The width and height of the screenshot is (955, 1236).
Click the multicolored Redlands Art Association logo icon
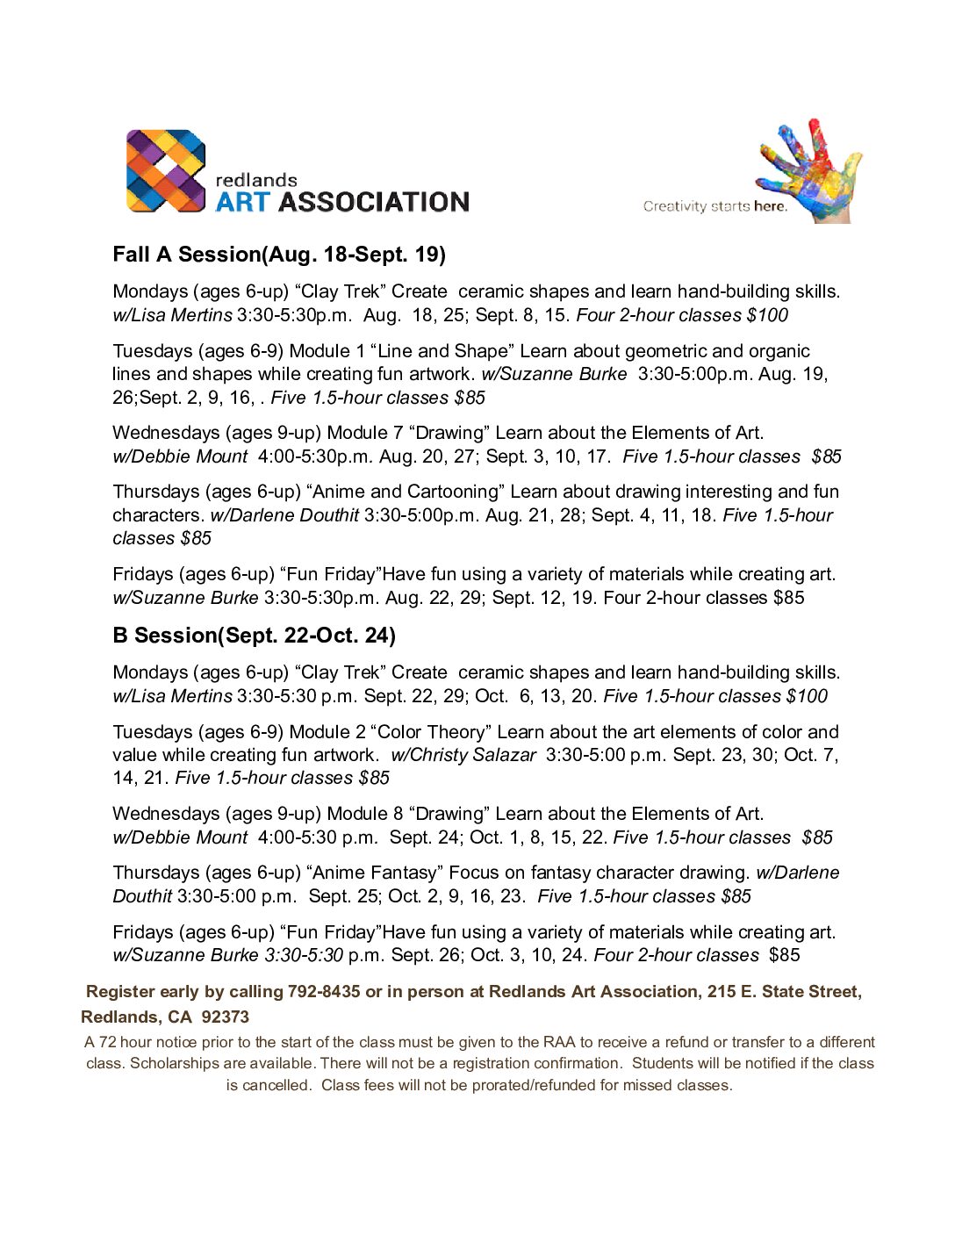pos(166,171)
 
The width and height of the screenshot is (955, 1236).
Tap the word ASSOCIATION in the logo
pos(374,203)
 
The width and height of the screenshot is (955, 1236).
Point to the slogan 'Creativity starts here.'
pos(714,206)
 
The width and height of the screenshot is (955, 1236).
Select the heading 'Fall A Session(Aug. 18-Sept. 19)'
pos(279,255)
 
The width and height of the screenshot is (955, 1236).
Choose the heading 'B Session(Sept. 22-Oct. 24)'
pos(254,636)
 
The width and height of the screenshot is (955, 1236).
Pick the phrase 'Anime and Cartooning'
pos(403,492)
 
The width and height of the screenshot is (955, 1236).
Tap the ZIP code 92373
pos(226,1017)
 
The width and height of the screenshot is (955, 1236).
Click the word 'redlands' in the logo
pos(256,180)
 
